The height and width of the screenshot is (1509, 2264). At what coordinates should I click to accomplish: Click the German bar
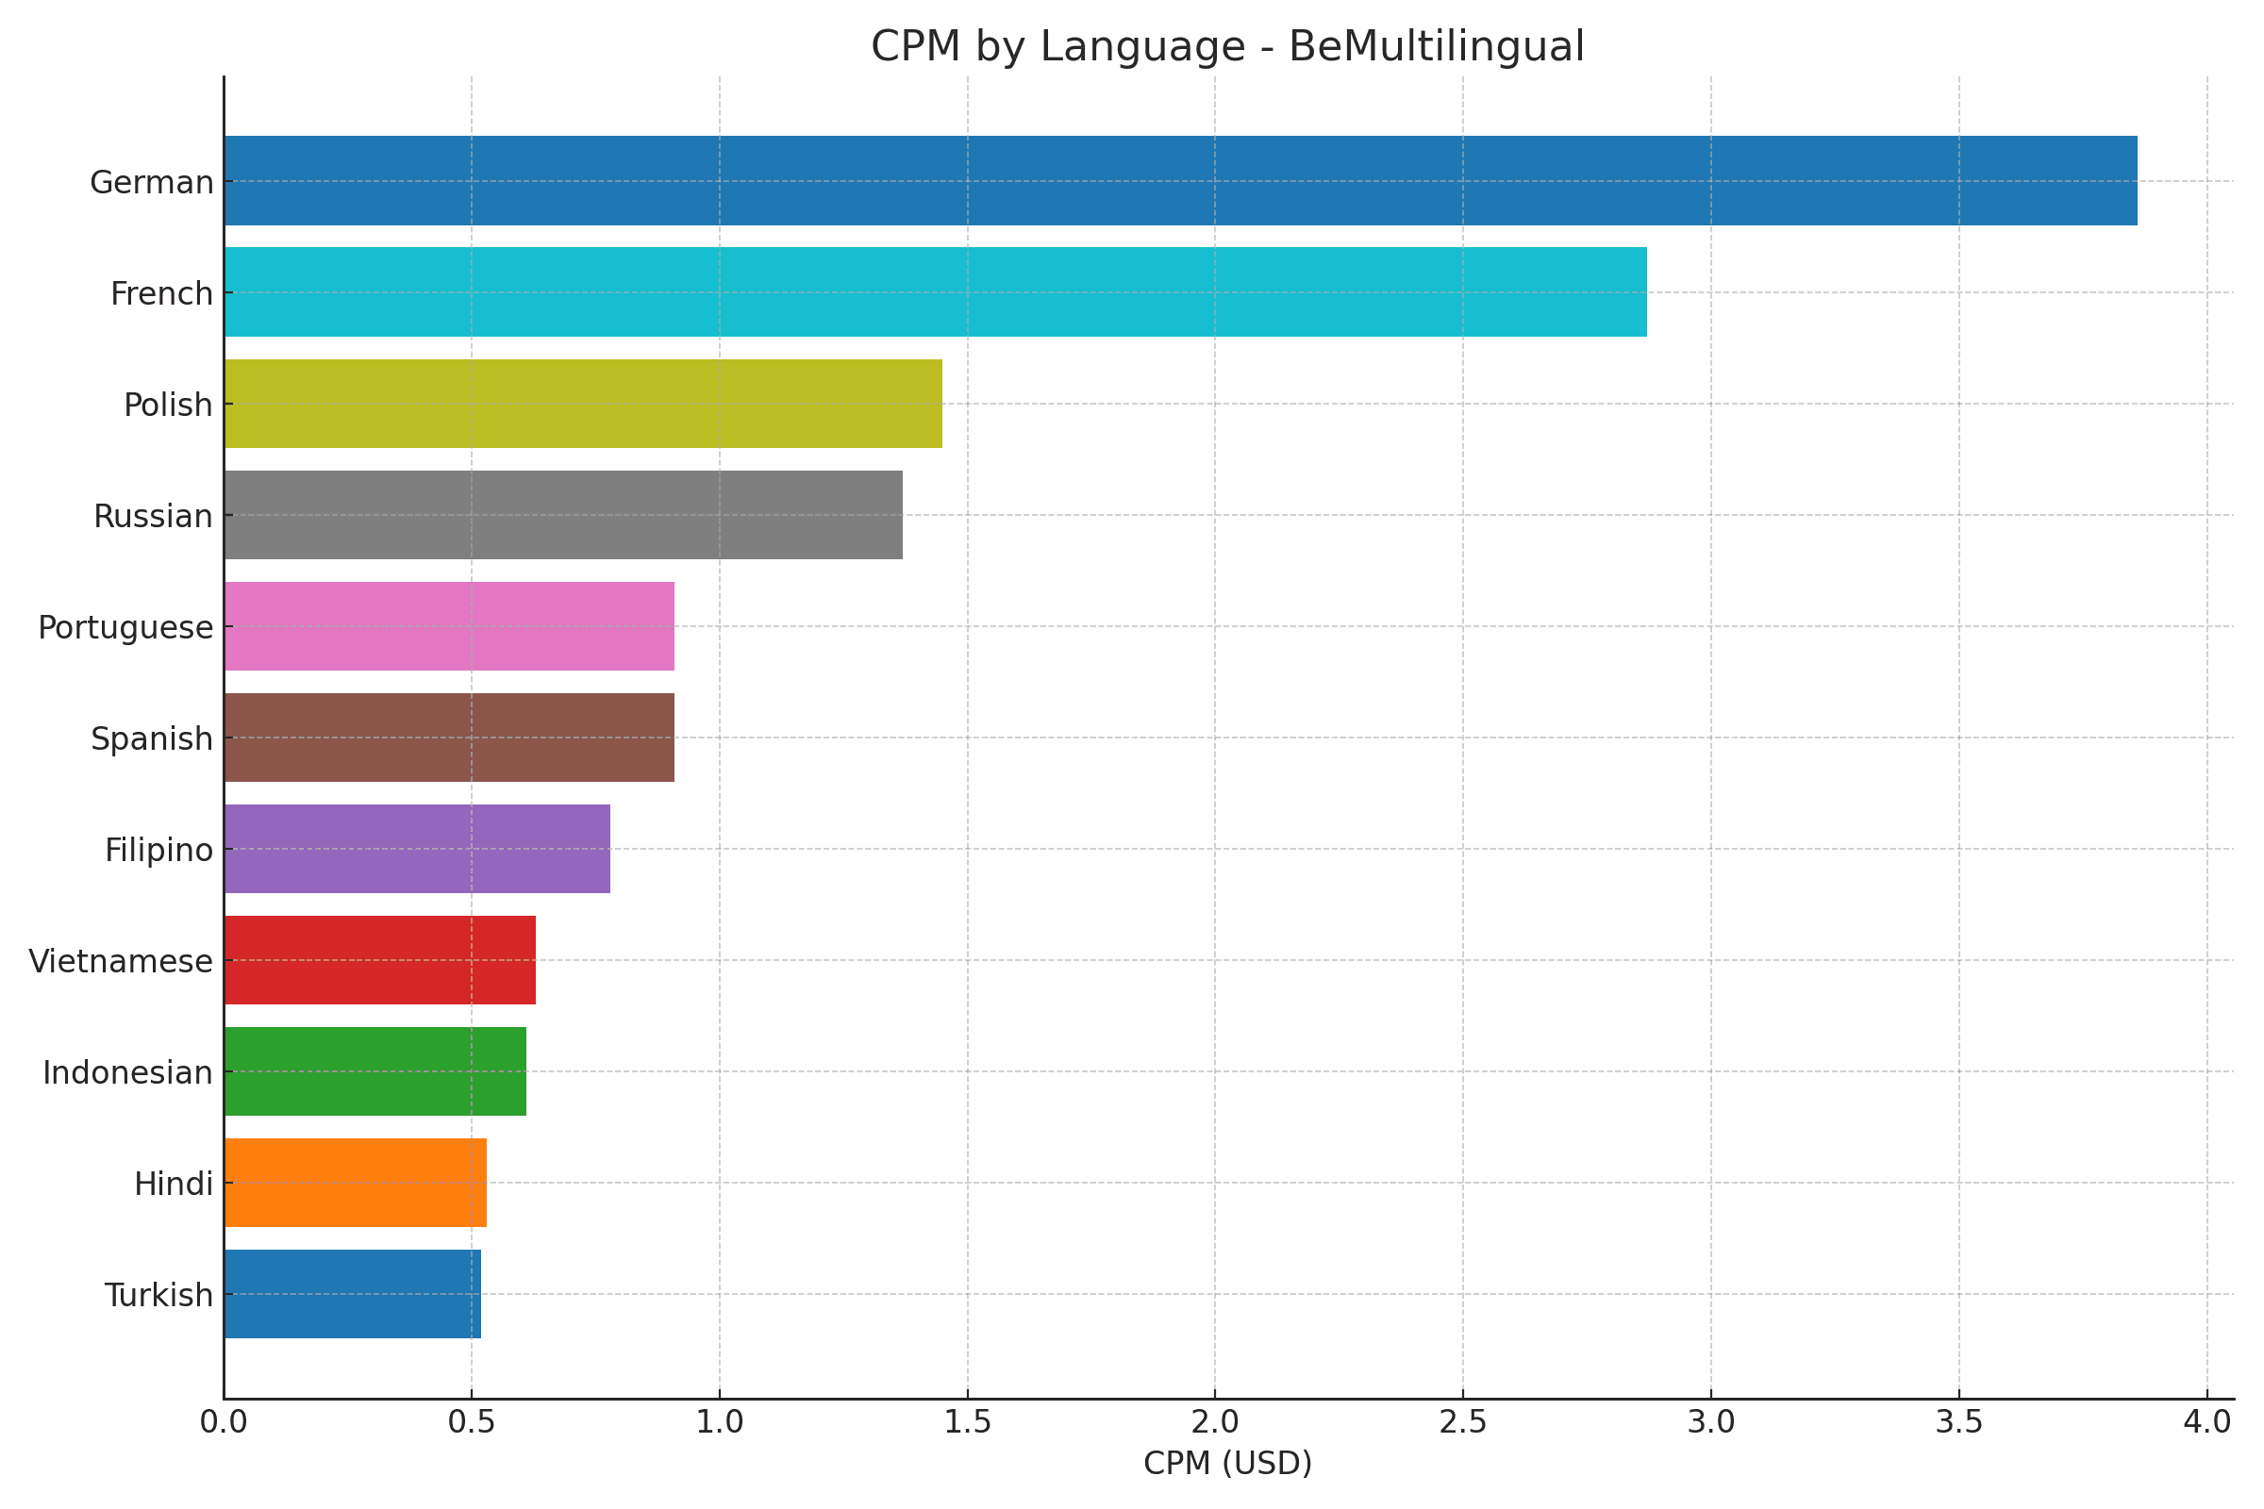pyautogui.click(x=1180, y=181)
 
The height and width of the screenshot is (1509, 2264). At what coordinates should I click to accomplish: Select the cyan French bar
pyautogui.click(x=935, y=291)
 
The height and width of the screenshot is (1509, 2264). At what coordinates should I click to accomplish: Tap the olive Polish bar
pyautogui.click(x=582, y=404)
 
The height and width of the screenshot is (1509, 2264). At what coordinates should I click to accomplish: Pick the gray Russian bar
pyautogui.click(x=563, y=515)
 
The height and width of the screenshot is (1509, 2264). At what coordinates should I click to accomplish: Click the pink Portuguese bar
pyautogui.click(x=449, y=626)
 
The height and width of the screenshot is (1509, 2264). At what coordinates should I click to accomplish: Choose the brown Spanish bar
pyautogui.click(x=449, y=738)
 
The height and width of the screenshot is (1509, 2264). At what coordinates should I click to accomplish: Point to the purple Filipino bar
pyautogui.click(x=417, y=849)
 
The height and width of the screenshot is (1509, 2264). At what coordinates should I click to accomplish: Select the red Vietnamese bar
pyautogui.click(x=379, y=960)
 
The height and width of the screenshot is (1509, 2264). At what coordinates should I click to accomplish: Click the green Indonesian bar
pyautogui.click(x=375, y=1071)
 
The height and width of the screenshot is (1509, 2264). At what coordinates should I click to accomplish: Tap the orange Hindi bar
pyautogui.click(x=356, y=1183)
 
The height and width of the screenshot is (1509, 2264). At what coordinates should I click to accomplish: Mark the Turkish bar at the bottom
pyautogui.click(x=352, y=1294)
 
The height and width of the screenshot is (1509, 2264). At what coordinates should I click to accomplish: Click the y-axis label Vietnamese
pyautogui.click(x=121, y=961)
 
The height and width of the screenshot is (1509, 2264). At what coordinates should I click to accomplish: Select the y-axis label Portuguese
pyautogui.click(x=125, y=627)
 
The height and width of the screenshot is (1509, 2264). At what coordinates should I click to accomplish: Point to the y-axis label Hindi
pyautogui.click(x=174, y=1185)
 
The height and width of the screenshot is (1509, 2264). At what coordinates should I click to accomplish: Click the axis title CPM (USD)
pyautogui.click(x=1227, y=1464)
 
